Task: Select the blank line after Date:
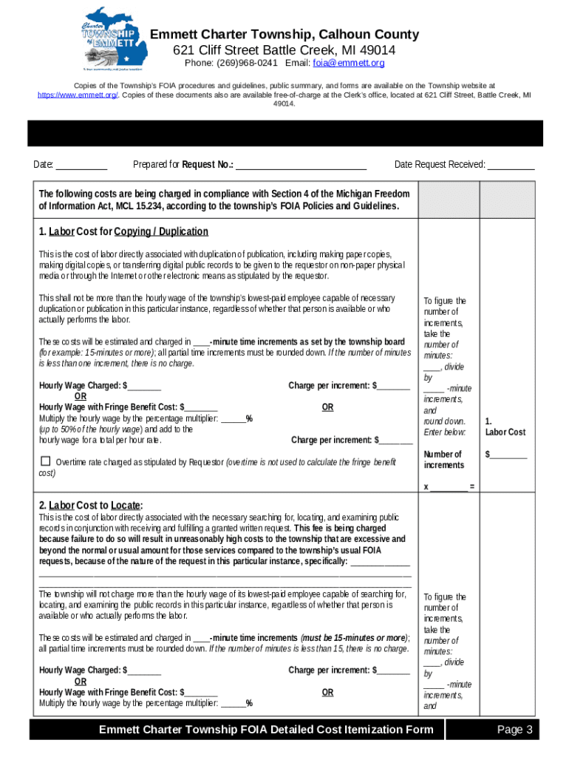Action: (x=81, y=165)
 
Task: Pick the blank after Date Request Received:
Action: (x=511, y=165)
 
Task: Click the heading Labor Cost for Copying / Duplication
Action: (x=123, y=232)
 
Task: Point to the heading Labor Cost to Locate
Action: (x=91, y=506)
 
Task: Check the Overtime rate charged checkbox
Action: (x=44, y=462)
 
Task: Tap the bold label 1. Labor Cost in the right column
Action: (x=505, y=427)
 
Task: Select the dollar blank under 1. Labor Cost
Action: (x=508, y=455)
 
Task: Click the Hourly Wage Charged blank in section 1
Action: (x=144, y=386)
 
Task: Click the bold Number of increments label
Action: (x=443, y=459)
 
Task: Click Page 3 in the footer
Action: (x=514, y=730)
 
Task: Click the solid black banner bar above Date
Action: (x=284, y=134)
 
